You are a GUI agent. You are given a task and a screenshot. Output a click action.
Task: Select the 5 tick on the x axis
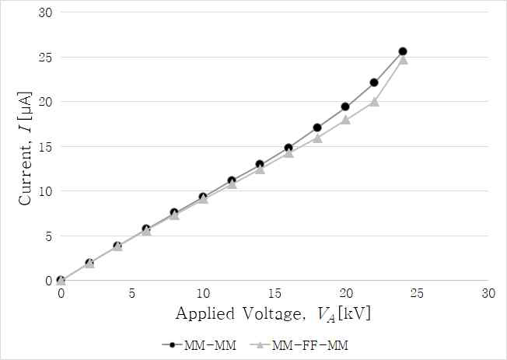pyautogui.click(x=132, y=293)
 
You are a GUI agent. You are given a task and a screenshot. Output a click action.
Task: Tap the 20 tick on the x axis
pyautogui.click(x=345, y=293)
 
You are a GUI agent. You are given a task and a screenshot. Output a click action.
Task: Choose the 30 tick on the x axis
pyautogui.click(x=488, y=293)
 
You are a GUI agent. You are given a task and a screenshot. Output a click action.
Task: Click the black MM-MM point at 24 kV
pyautogui.click(x=403, y=51)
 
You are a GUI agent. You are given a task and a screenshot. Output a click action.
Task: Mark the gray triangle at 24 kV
pyautogui.click(x=403, y=59)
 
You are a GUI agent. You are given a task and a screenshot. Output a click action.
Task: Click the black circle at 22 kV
pyautogui.click(x=374, y=82)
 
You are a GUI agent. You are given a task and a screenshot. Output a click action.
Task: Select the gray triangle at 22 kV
pyautogui.click(x=374, y=101)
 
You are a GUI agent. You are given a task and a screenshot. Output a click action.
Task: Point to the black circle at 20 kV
pyautogui.click(x=345, y=107)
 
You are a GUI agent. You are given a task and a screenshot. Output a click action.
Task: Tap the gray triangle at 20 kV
pyautogui.click(x=345, y=120)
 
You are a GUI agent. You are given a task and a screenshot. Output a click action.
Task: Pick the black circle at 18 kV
pyautogui.click(x=317, y=128)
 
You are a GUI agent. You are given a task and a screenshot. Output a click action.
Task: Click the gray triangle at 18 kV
pyautogui.click(x=317, y=138)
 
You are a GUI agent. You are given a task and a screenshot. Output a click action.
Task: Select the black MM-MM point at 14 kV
pyautogui.click(x=260, y=164)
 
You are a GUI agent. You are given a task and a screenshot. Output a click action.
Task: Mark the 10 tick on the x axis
pyautogui.click(x=203, y=293)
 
